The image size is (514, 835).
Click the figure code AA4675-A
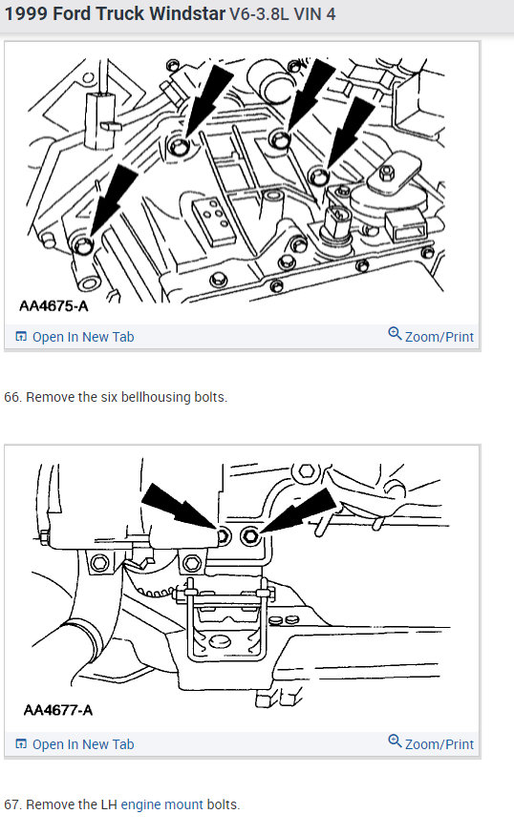pos(54,305)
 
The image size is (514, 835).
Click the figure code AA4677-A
pos(58,710)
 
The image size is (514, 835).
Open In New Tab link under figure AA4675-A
pos(83,337)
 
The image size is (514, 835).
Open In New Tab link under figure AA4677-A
pos(83,744)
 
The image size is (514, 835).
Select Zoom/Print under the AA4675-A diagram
pos(439,337)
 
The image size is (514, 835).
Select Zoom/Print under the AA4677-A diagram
pos(439,744)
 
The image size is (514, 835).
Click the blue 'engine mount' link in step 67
pos(162,804)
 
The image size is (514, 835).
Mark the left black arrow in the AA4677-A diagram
pos(180,507)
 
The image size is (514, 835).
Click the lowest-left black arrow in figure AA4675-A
pos(113,200)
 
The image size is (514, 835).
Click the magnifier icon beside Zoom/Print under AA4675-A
pos(395,333)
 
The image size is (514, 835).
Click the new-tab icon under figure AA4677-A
pos(21,744)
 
